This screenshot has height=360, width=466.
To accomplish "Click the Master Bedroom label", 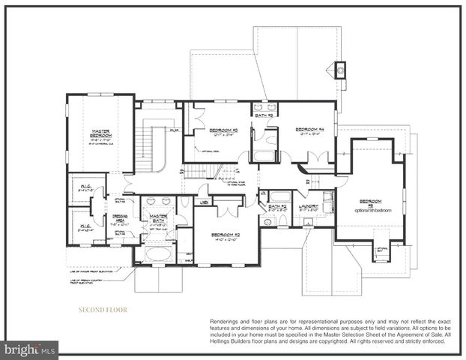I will (95, 135).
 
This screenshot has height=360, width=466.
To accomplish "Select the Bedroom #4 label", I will (308, 130).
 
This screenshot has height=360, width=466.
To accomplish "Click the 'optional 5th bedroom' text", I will (371, 209).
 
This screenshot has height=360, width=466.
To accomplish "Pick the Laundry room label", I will (309, 205).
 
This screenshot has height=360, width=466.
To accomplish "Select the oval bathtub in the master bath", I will (157, 253).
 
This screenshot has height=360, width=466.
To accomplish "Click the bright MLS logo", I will (30, 349).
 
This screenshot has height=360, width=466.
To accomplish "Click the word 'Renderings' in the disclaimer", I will (227, 321).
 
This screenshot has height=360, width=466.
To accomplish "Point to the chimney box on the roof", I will (340, 70).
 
